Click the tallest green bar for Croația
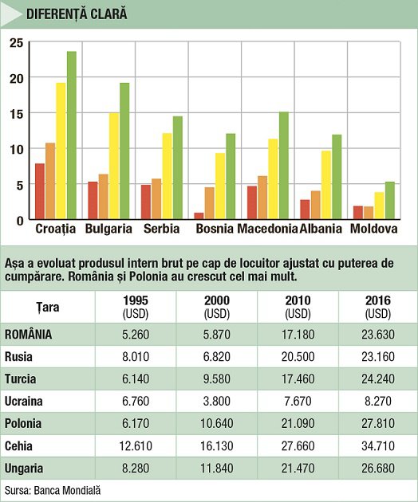click(x=72, y=135)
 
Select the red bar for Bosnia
click(x=199, y=216)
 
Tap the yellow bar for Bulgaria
click(x=114, y=166)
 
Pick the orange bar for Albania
click(x=315, y=205)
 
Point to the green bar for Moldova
click(x=390, y=201)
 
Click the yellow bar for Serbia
click(x=167, y=176)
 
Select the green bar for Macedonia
click(x=284, y=166)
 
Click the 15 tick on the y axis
click(x=17, y=114)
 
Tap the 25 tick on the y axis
click(x=17, y=42)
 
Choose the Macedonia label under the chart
click(x=267, y=229)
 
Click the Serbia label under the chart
click(x=162, y=229)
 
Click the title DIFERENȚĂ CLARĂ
click(x=77, y=14)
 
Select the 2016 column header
click(x=378, y=307)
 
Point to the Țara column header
click(x=47, y=307)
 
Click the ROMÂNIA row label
click(x=28, y=334)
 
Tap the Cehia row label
click(x=18, y=445)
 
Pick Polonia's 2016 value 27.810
click(x=378, y=423)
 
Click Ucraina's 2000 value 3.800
click(x=217, y=401)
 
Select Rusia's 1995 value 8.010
click(x=136, y=356)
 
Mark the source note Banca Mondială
click(x=67, y=490)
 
